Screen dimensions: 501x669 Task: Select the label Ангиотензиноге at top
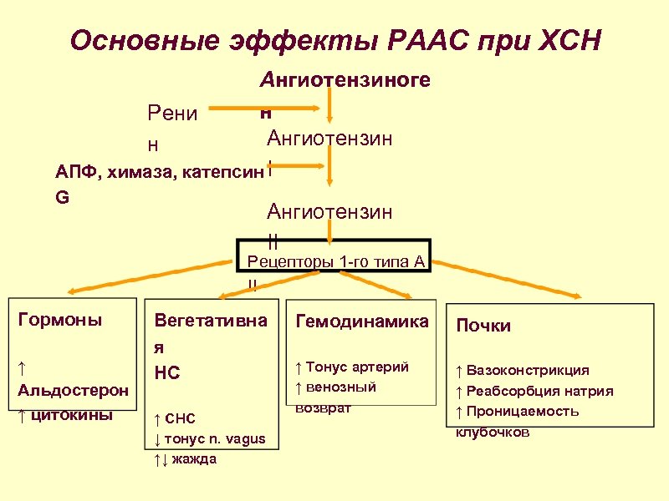point(345,80)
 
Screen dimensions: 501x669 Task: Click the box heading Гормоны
point(60,320)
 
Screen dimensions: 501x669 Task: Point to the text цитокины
point(72,415)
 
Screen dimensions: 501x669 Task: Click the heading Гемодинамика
point(362,321)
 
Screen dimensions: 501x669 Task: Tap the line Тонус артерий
point(357,367)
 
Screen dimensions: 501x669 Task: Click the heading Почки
point(483,326)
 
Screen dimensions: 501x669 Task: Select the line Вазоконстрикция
point(527,370)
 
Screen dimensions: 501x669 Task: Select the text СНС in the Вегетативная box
point(180,418)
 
